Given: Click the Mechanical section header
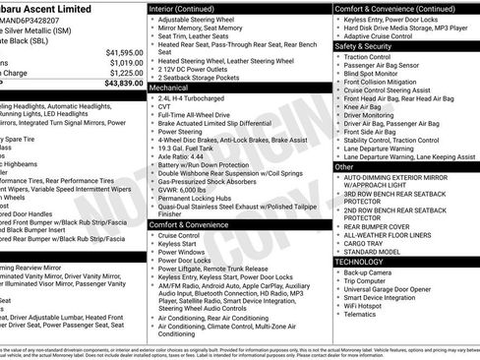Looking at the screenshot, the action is tap(171, 88).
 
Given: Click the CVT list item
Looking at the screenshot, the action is tap(167, 108).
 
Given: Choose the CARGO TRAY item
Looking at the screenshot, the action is tap(368, 244).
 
